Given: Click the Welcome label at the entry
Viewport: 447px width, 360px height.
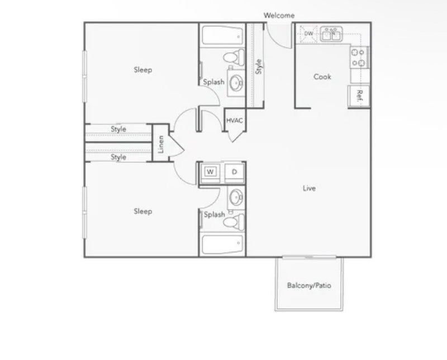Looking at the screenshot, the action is click(x=279, y=16).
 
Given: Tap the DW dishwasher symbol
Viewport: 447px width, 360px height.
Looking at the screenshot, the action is click(x=308, y=34).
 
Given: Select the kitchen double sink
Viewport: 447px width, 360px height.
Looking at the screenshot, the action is click(x=331, y=34).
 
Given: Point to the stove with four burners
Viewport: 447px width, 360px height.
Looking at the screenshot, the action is click(x=359, y=58).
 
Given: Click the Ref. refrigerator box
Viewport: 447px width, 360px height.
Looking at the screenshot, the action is click(x=359, y=96).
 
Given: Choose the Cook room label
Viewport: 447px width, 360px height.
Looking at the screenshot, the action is click(x=322, y=77).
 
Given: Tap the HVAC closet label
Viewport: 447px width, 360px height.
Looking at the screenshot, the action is click(x=234, y=120).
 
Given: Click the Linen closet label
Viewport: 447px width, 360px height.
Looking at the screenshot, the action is click(x=161, y=144).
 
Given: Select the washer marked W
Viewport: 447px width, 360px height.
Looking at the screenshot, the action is click(x=210, y=172).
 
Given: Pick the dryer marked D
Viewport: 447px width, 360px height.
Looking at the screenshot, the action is click(x=234, y=172).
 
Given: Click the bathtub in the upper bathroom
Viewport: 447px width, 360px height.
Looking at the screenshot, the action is click(x=222, y=35).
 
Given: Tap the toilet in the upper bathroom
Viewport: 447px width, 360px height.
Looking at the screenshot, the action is click(x=234, y=57).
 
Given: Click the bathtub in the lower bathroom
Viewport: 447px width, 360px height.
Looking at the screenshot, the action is click(x=222, y=244).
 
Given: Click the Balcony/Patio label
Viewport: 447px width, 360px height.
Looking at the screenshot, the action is click(x=309, y=285).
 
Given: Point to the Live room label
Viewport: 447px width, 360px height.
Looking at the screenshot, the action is click(x=309, y=188).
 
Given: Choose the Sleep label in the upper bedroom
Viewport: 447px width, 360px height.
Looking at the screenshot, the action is click(x=143, y=70).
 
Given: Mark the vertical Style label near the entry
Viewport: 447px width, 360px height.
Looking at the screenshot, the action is click(x=259, y=67).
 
